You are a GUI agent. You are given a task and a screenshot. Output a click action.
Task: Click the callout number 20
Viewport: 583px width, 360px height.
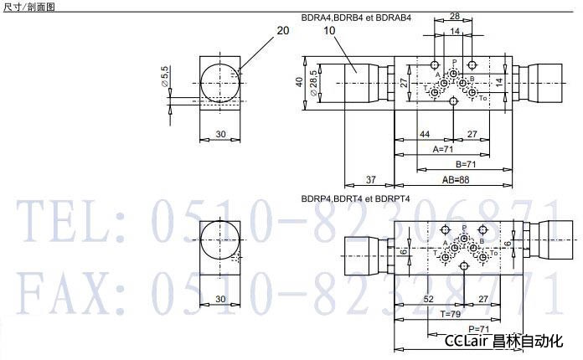(x=282, y=30)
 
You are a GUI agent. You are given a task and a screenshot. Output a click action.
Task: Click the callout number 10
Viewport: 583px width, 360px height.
(x=329, y=30)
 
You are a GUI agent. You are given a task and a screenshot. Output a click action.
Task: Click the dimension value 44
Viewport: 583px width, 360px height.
(x=424, y=134)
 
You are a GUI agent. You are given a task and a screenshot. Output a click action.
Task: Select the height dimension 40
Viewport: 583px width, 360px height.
(x=299, y=81)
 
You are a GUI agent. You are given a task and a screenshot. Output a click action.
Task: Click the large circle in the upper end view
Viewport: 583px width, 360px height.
(x=220, y=85)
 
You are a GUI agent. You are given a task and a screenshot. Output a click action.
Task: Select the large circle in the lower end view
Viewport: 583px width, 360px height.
(x=220, y=243)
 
